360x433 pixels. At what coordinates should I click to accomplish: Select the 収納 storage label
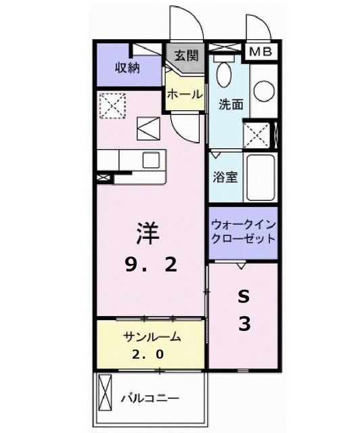point(127,67)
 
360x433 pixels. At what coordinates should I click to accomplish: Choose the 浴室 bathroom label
point(226,178)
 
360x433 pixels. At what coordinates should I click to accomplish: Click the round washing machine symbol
point(264,91)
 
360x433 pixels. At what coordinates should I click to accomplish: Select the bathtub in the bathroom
point(261,178)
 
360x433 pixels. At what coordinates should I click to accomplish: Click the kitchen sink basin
point(150,160)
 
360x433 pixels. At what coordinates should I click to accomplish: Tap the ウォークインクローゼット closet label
point(242,231)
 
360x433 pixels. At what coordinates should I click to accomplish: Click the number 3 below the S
point(244,324)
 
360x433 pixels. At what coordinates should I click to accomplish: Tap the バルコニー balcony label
point(151,396)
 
